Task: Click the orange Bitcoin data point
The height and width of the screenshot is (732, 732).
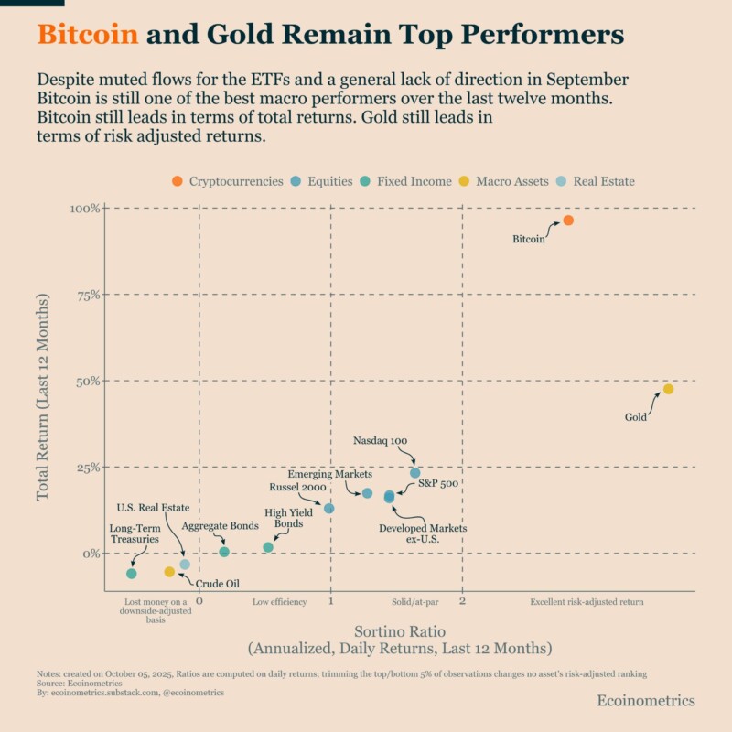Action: (x=568, y=221)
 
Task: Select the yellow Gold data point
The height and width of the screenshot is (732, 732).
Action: (x=668, y=389)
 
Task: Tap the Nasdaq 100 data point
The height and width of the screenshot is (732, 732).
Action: (x=414, y=473)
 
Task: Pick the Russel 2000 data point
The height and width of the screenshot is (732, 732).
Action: (x=329, y=508)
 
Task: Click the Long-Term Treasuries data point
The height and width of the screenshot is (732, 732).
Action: (x=132, y=574)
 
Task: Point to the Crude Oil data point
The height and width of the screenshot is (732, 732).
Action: (x=169, y=572)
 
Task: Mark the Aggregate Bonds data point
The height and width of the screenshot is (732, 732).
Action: (x=224, y=552)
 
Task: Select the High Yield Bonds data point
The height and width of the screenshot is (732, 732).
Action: (x=268, y=547)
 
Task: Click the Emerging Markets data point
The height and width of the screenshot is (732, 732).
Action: (x=367, y=493)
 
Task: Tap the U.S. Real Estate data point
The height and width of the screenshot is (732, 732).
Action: (x=185, y=565)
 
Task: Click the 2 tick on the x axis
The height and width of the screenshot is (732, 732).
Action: (x=462, y=602)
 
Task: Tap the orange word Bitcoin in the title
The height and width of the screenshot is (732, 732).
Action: (x=88, y=35)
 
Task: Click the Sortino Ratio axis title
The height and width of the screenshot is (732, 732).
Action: (x=400, y=631)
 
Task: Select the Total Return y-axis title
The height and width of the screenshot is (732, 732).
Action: (x=42, y=397)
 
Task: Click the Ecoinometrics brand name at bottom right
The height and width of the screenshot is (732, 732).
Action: (x=645, y=700)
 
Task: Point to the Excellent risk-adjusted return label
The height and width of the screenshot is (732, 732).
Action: (x=587, y=602)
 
